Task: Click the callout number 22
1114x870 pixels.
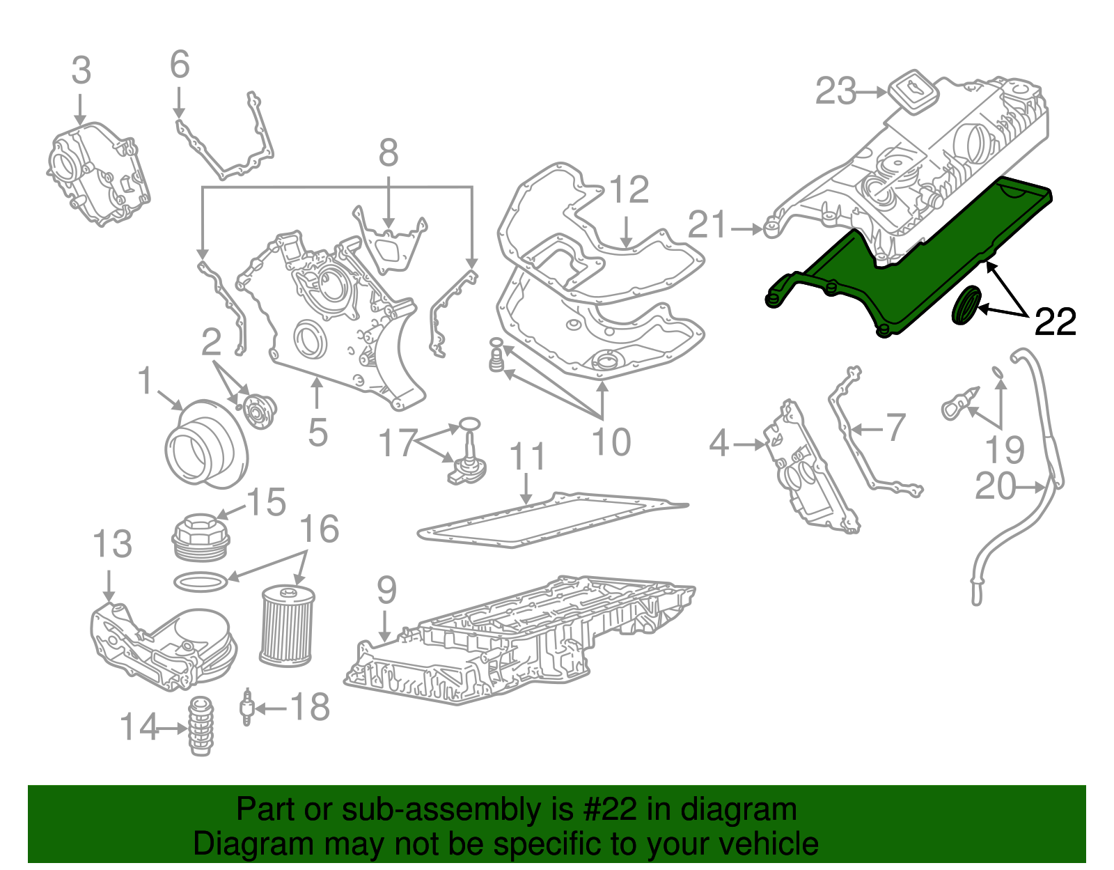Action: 1055,322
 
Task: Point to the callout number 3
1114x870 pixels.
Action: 81,71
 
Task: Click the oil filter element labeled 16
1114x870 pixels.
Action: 287,625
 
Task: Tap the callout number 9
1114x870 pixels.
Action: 386,591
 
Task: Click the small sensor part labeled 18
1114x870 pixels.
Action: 246,708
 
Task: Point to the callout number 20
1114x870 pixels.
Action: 996,486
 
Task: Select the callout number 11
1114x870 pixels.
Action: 528,458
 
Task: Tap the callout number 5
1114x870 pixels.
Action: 317,433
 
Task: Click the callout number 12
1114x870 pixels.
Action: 629,189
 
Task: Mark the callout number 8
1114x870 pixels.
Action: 388,153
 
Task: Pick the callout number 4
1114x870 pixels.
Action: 719,444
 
